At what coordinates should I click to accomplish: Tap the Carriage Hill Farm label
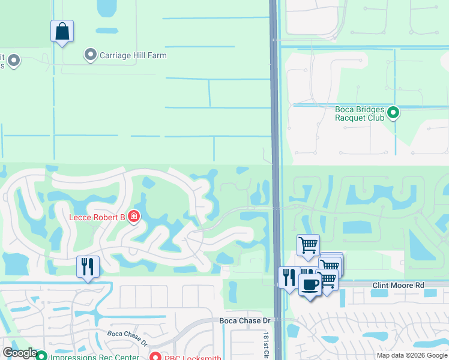[x=133, y=55]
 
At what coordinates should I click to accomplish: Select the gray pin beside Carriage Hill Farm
[x=91, y=55]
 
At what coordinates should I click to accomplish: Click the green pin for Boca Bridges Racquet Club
[x=394, y=112]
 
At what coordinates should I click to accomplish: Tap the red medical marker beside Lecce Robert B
[x=133, y=216]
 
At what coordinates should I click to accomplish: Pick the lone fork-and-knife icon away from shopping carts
[x=88, y=266]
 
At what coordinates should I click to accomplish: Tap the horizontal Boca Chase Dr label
[x=245, y=321]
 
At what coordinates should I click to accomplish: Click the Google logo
[x=20, y=353]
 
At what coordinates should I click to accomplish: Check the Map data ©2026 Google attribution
[x=411, y=355]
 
